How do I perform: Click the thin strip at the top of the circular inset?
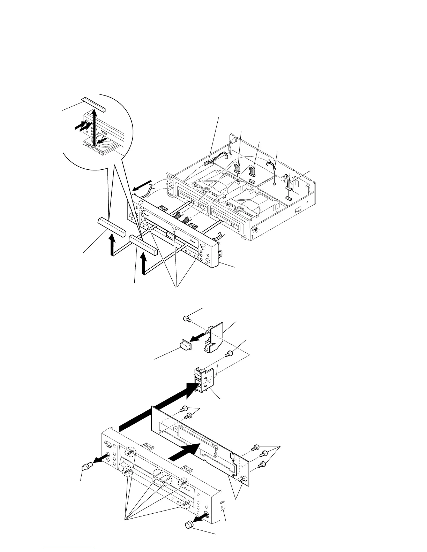click(x=93, y=104)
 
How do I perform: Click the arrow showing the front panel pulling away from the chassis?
click(x=143, y=186)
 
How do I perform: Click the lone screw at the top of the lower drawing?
click(x=187, y=318)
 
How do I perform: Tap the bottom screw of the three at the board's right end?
click(x=261, y=464)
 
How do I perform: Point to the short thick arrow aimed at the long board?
click(x=185, y=451)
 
